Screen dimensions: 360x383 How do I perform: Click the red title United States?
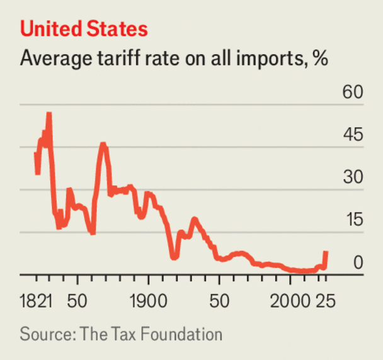coord(84,29)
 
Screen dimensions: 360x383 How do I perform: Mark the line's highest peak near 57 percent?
coord(49,114)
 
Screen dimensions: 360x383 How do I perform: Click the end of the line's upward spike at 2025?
coord(326,252)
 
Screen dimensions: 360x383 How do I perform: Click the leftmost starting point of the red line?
coord(36,152)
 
